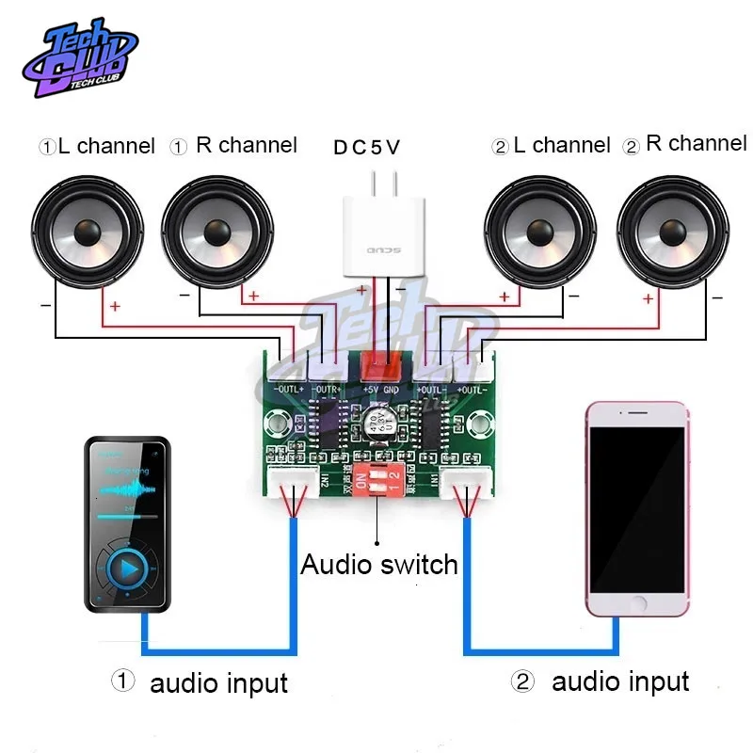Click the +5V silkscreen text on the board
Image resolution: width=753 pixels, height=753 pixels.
tap(369, 388)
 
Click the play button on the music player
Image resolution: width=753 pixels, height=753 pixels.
tap(125, 568)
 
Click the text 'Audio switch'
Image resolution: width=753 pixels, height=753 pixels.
tap(378, 565)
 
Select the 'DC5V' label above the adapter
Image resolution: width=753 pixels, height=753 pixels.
tap(366, 148)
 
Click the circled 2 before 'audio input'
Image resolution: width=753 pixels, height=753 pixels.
tap(522, 681)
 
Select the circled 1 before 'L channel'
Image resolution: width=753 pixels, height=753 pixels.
tap(46, 148)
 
